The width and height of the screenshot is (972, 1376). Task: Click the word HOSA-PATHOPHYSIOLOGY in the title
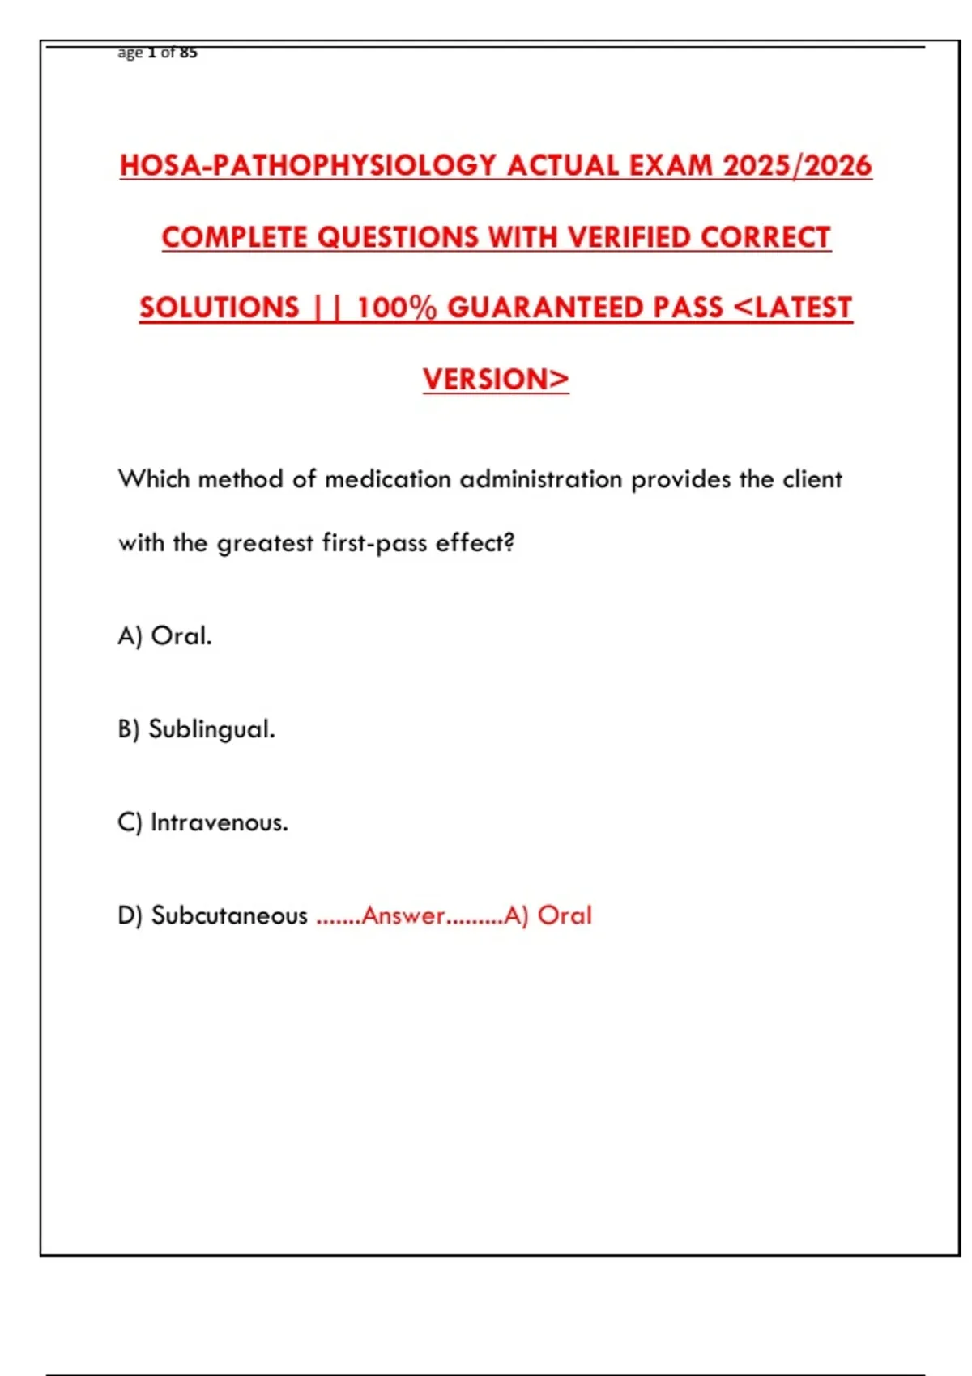coord(308,166)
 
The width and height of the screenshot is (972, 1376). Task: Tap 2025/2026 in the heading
coord(797,166)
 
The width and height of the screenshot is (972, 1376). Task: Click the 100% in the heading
coord(396,308)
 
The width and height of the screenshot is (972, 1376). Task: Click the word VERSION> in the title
coord(496,379)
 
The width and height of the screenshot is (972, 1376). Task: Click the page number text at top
coord(158,53)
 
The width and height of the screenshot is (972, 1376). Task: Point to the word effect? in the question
coord(475,542)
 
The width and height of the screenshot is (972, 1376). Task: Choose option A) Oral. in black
coord(165,636)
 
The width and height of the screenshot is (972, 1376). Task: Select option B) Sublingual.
coord(197,729)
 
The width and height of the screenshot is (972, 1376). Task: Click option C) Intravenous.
coord(203,822)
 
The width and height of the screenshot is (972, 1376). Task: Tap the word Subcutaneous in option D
coord(229,915)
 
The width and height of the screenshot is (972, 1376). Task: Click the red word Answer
coord(403,915)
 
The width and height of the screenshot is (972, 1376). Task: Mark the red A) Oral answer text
coord(548,915)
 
